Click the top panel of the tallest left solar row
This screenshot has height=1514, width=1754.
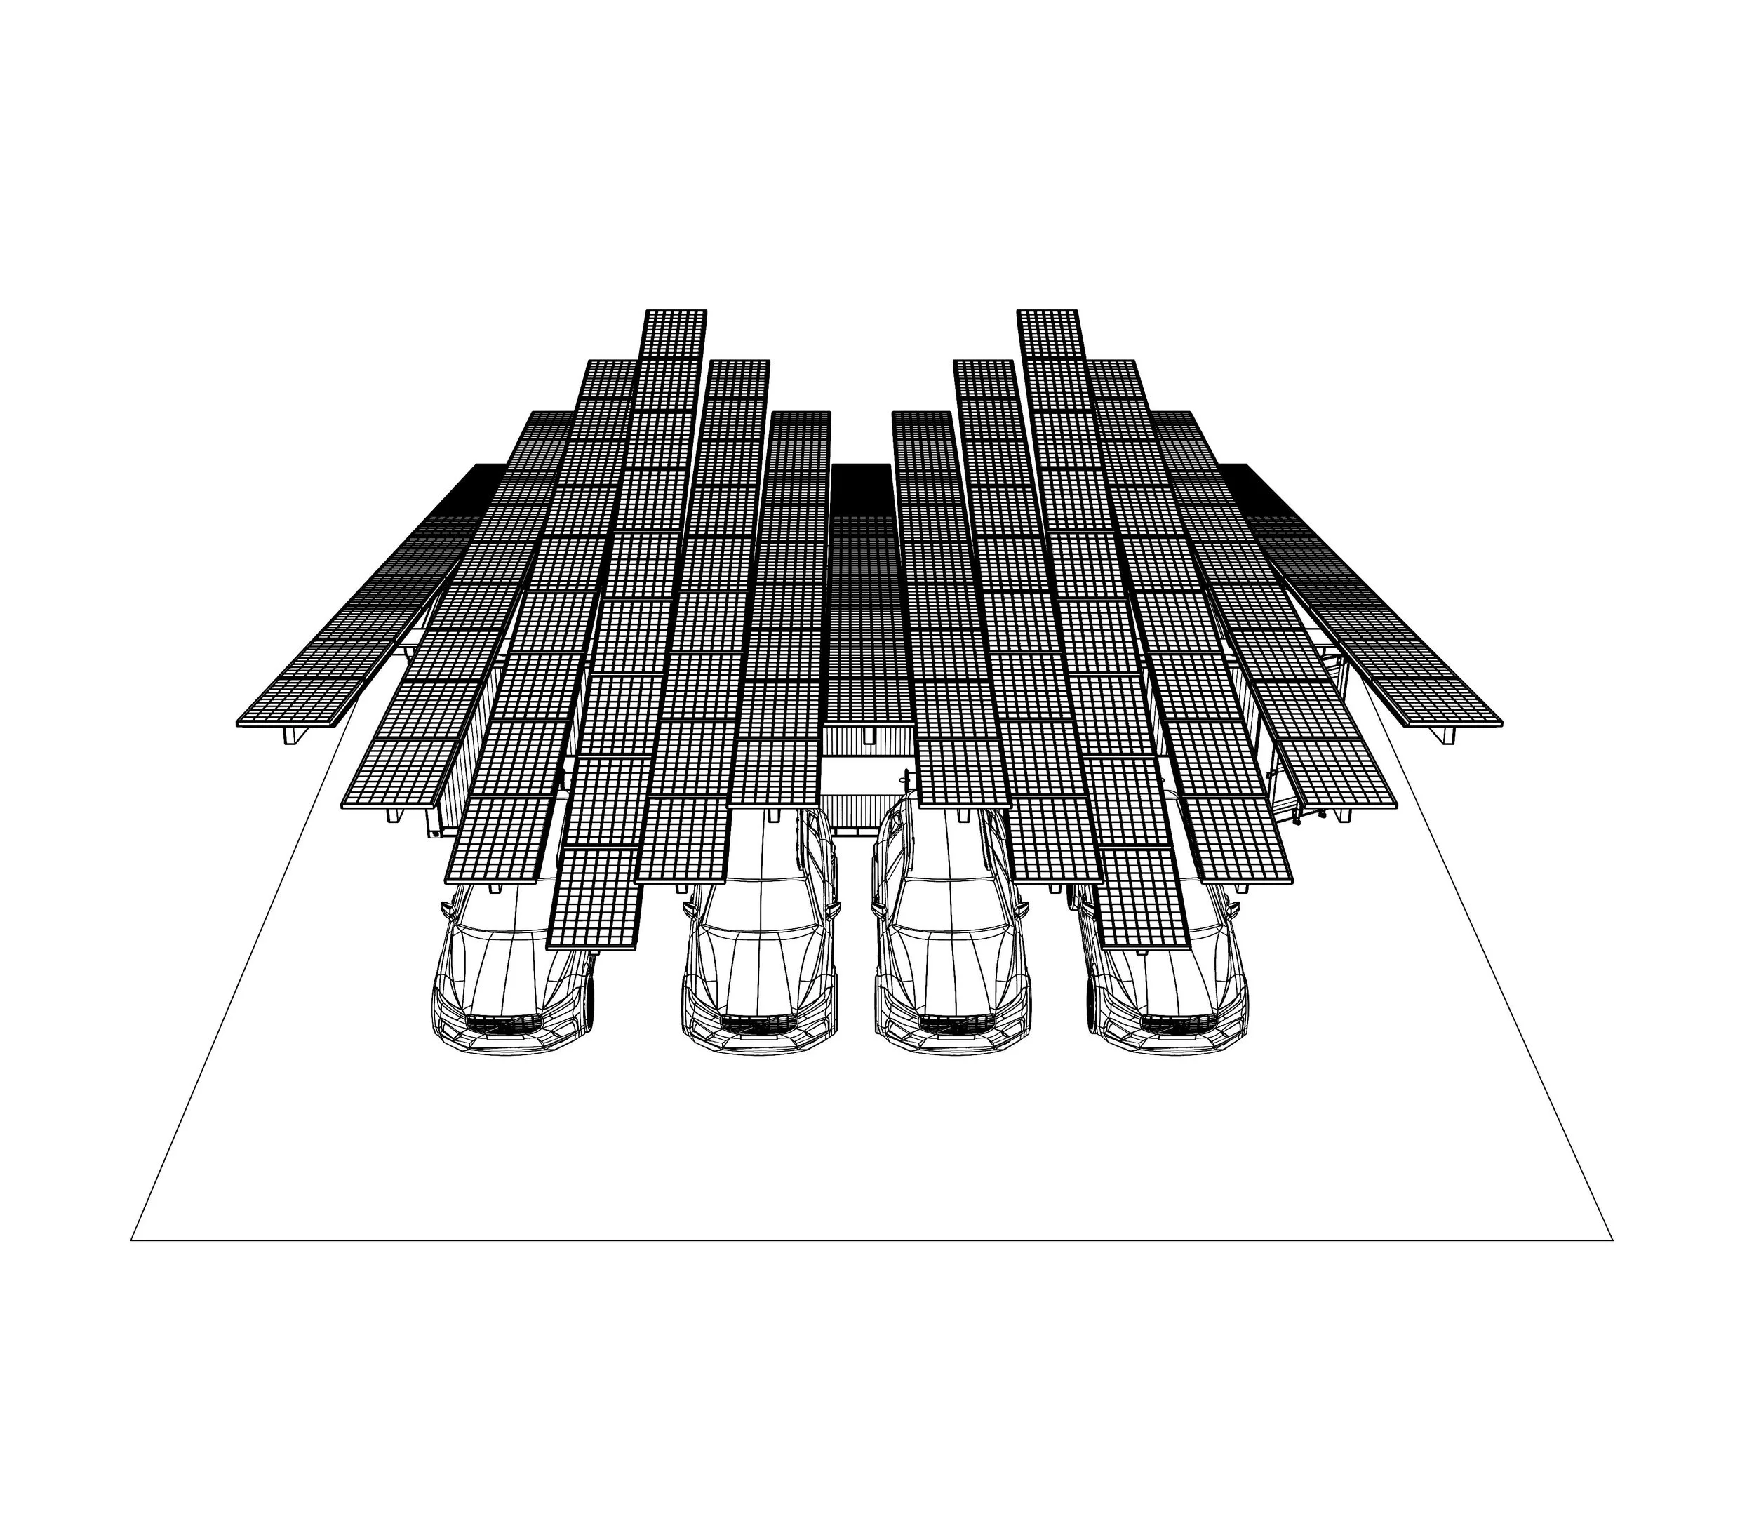[675, 332]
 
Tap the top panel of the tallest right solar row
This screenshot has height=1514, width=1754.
[1050, 332]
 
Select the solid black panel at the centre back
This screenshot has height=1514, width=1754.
[860, 487]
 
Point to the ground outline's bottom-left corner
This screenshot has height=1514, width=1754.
[132, 1240]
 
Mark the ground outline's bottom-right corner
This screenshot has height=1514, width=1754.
[1612, 1240]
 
